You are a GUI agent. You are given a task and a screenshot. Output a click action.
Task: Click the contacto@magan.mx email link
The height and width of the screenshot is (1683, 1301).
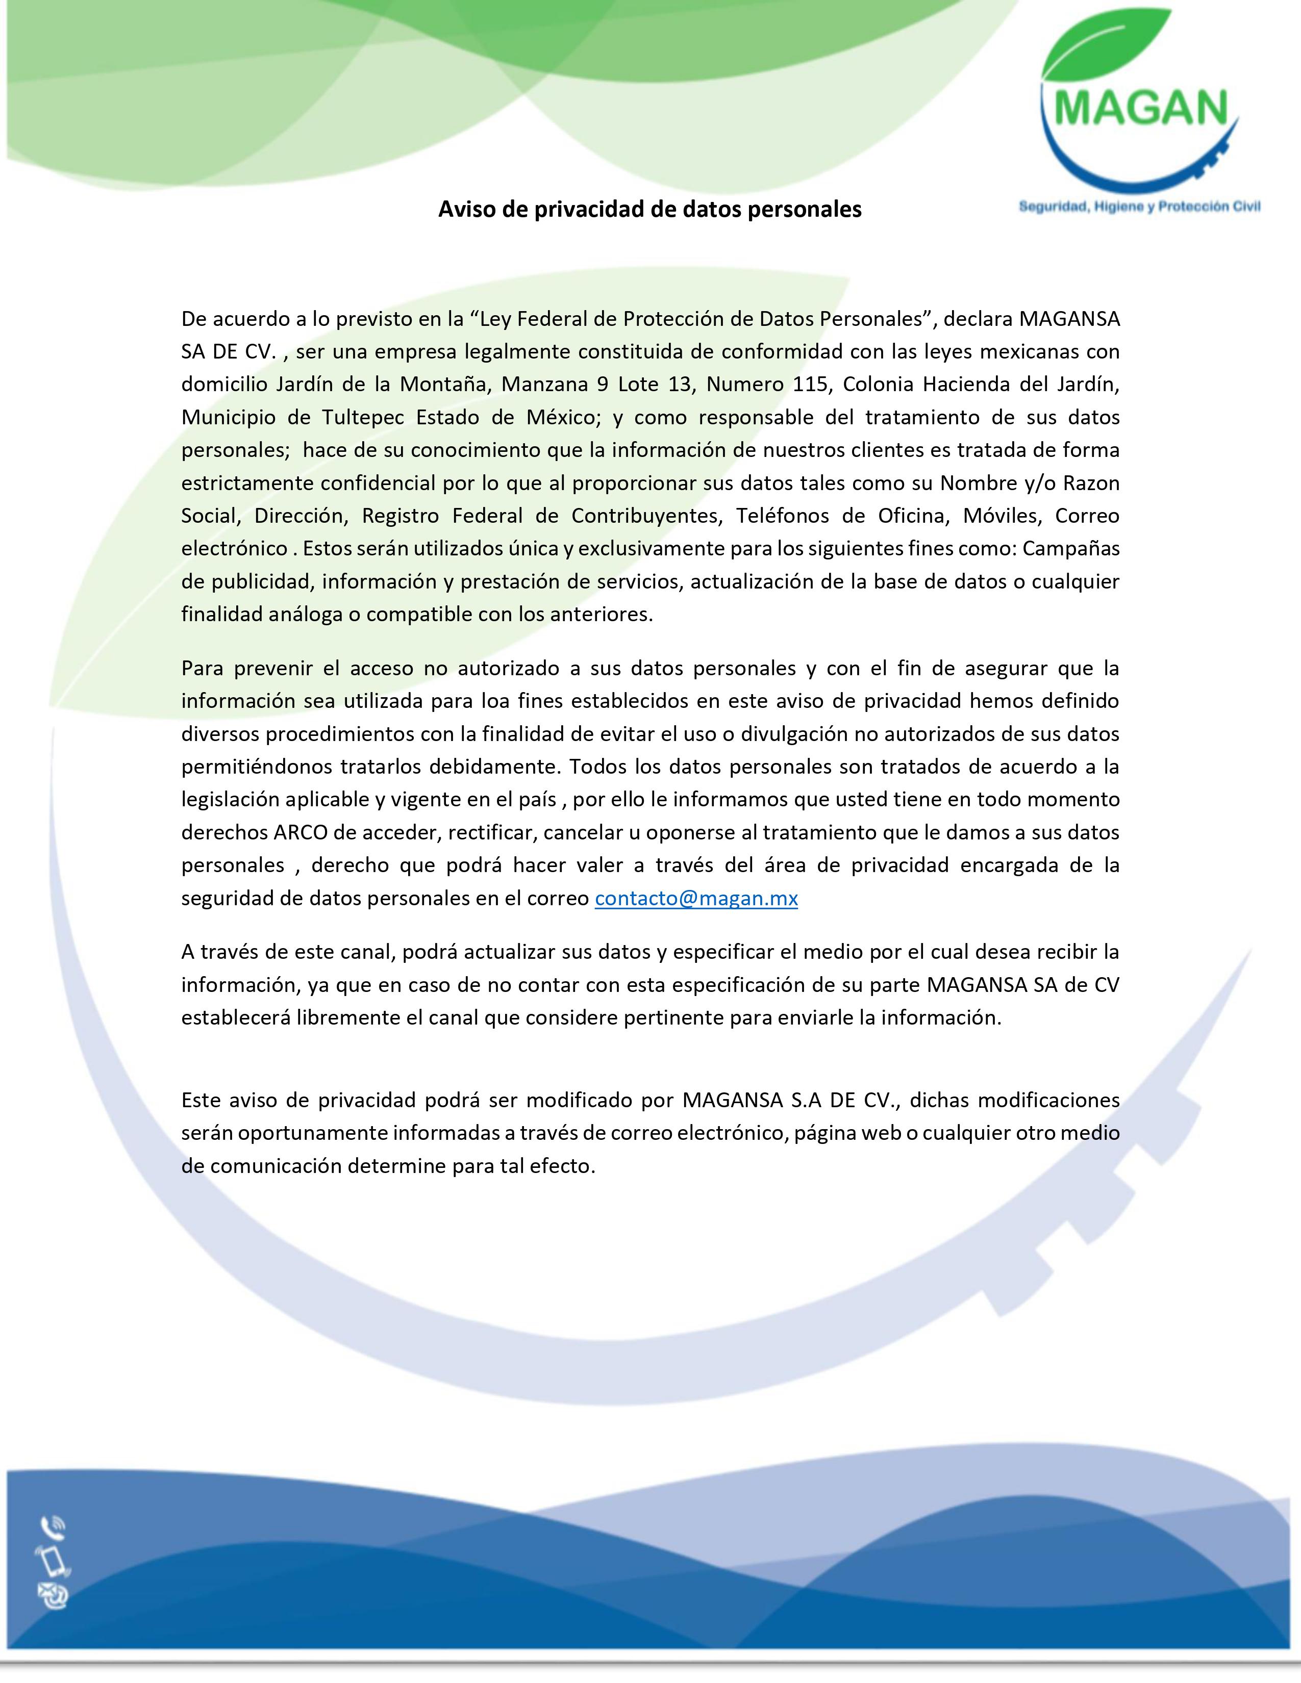click(x=696, y=899)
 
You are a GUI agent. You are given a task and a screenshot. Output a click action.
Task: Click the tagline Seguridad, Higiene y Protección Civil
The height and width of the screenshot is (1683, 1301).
click(x=1139, y=207)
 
